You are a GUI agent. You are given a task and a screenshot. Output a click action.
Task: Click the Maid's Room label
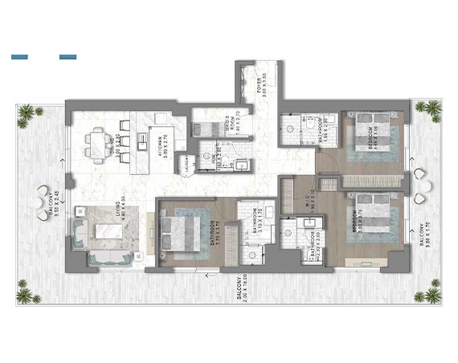click(229, 125)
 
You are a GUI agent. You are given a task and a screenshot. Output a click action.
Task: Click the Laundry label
click(186, 165)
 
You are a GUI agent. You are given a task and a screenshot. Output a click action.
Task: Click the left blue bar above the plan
click(19, 57)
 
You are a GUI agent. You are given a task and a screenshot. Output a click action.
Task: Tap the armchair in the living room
click(82, 231)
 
